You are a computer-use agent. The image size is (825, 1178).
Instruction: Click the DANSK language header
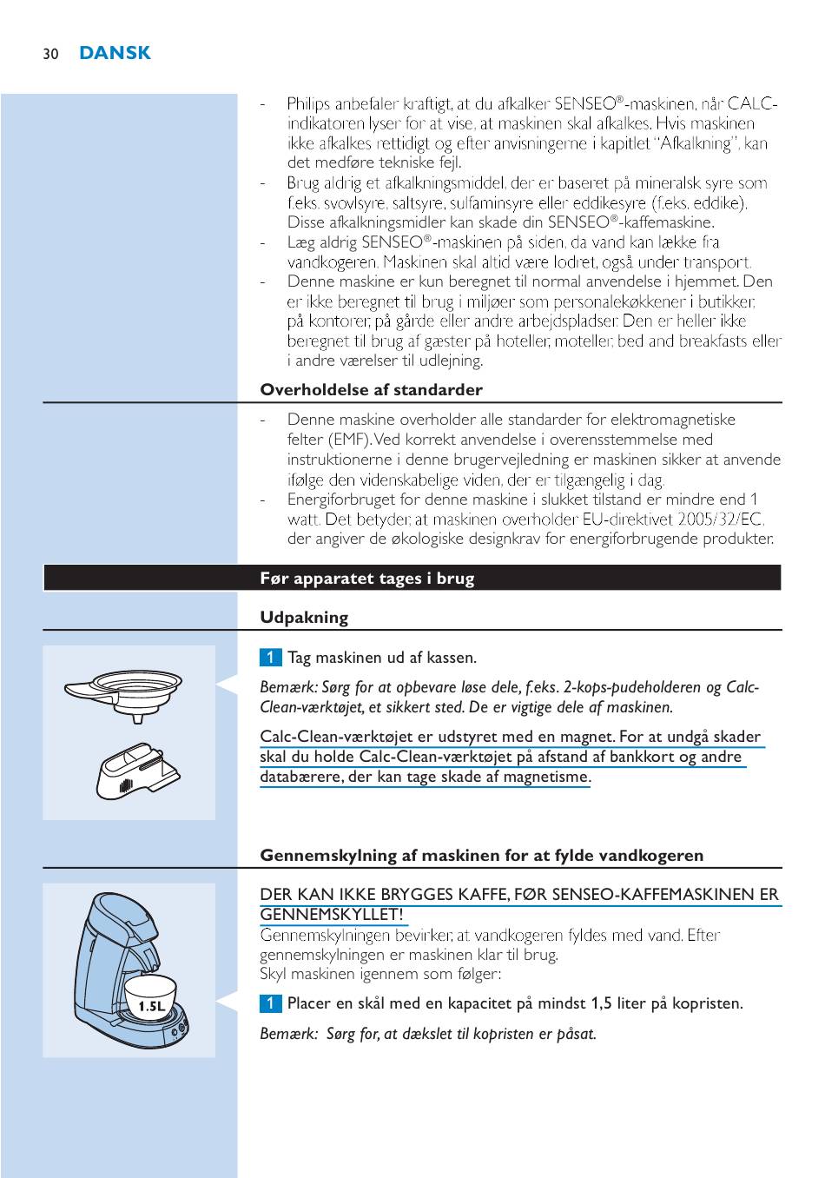[115, 53]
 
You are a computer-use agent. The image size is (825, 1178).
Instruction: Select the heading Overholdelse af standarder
[371, 389]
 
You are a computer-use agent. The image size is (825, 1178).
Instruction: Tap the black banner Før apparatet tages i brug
[366, 579]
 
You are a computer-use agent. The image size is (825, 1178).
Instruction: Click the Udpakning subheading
[304, 618]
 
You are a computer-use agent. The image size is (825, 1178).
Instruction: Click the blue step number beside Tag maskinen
[270, 657]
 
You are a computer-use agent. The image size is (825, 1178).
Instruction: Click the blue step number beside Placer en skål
[270, 1003]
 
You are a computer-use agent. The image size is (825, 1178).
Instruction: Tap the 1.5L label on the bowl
[151, 1006]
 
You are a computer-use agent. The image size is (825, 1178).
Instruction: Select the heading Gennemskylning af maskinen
[481, 856]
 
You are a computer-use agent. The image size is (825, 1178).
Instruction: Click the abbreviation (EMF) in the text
[350, 440]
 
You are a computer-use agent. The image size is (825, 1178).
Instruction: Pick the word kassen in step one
[452, 657]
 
